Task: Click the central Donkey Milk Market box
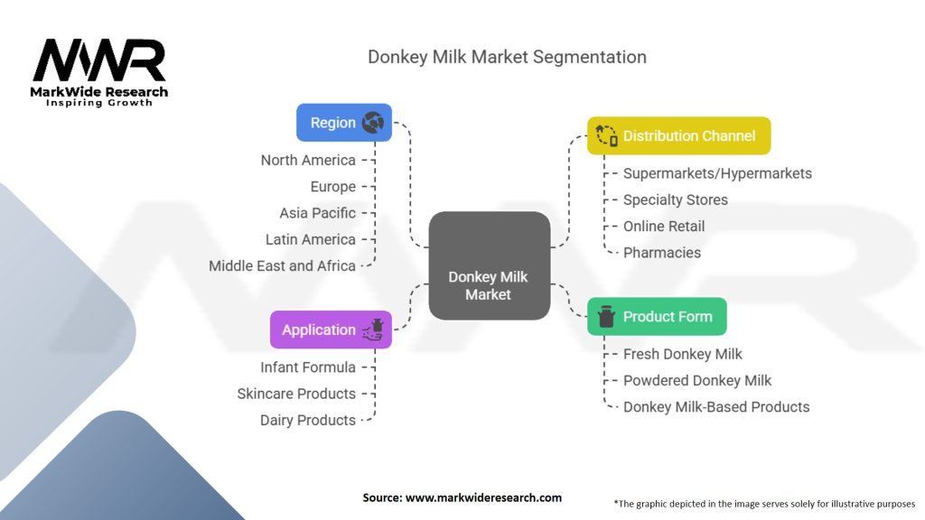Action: [x=489, y=265]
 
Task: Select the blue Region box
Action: [x=344, y=123]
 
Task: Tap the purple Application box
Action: [x=331, y=330]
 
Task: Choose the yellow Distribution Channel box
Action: [x=678, y=135]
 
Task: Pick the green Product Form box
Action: [x=657, y=316]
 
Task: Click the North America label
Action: [x=308, y=160]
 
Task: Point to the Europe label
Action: [x=332, y=186]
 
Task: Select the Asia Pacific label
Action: [x=317, y=213]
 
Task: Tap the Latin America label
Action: [x=310, y=239]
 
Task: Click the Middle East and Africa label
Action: [x=282, y=265]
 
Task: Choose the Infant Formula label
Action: [x=307, y=367]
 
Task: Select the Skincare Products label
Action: [x=296, y=394]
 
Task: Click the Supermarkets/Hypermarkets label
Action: [x=717, y=173]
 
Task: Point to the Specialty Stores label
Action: [x=675, y=200]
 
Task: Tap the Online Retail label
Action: [x=664, y=226]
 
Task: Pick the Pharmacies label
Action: [x=662, y=252]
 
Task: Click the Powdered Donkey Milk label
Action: [x=697, y=380]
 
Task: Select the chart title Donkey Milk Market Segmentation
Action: [x=507, y=57]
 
